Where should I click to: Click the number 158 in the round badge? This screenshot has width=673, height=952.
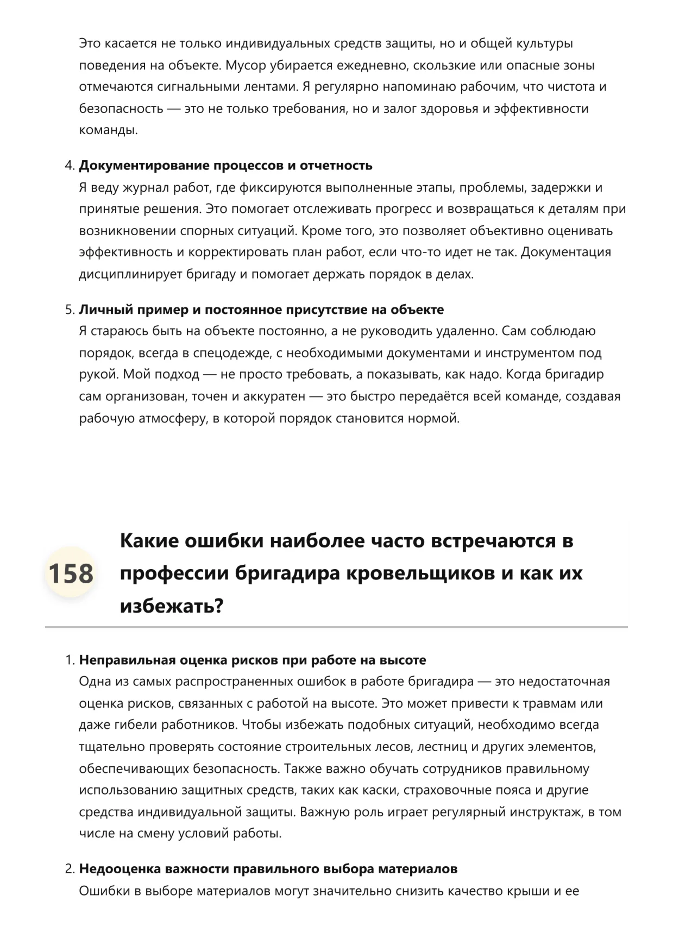[71, 573]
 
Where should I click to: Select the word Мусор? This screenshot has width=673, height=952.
[246, 66]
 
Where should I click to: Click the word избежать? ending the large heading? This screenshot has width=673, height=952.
[172, 606]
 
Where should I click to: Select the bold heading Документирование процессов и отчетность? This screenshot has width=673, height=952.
[225, 166]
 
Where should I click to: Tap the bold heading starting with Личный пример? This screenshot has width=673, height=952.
[261, 310]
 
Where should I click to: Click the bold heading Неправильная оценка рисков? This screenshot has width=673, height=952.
[253, 660]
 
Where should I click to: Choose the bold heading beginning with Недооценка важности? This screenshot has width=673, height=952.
[268, 869]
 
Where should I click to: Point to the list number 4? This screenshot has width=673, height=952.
[69, 166]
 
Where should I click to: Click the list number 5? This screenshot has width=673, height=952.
[69, 310]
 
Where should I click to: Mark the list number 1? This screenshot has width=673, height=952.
[69, 660]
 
